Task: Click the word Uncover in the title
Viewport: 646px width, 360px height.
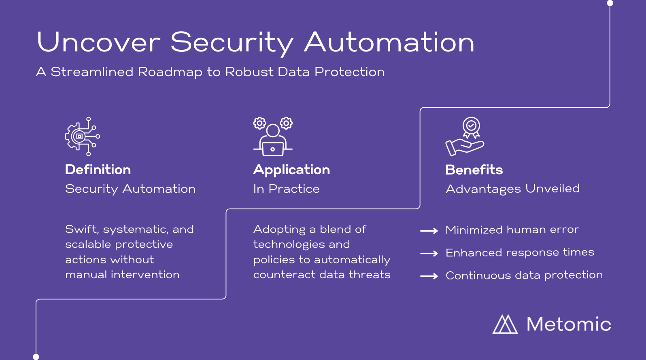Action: click(x=98, y=42)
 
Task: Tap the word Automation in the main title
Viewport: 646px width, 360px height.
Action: click(x=389, y=42)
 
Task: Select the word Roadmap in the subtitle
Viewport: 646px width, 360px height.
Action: click(x=170, y=72)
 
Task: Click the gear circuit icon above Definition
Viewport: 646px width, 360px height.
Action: click(x=83, y=136)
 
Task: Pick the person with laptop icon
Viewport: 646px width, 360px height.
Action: click(x=273, y=136)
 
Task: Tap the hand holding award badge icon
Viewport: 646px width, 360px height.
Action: click(x=465, y=136)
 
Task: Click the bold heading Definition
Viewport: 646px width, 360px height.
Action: click(x=98, y=170)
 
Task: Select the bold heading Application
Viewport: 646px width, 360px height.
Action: click(x=291, y=170)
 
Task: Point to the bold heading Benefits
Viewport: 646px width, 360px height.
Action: click(x=474, y=170)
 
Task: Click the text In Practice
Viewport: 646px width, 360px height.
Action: click(x=287, y=189)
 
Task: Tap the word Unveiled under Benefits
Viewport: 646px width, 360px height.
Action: click(x=552, y=189)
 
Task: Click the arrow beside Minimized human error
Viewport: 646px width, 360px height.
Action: click(x=429, y=231)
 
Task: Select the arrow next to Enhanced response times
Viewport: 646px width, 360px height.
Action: click(x=429, y=253)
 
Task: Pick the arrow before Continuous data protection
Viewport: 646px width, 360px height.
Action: click(x=429, y=276)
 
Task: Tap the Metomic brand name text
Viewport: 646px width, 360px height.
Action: click(x=569, y=324)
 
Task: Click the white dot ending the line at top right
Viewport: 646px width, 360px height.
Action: click(x=610, y=3)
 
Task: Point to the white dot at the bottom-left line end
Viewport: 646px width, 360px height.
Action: click(x=36, y=357)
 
